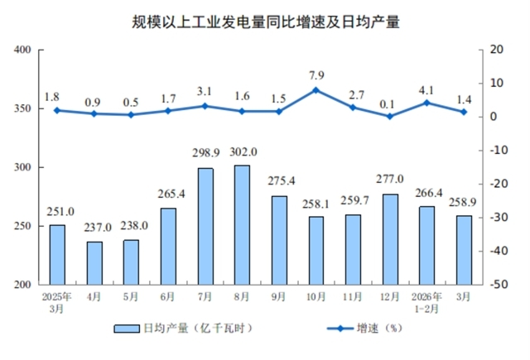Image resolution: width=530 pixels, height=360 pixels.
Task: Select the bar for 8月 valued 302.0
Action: (x=242, y=224)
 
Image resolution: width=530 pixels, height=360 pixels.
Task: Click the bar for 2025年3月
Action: (x=57, y=254)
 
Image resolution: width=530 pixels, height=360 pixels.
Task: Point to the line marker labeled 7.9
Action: (x=316, y=89)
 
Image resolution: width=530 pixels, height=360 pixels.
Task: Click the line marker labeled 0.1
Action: (x=390, y=116)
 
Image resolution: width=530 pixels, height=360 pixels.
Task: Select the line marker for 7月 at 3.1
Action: (x=205, y=106)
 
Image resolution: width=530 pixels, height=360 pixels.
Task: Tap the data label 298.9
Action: (x=205, y=156)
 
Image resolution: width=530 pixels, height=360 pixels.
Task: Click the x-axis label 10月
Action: (x=316, y=296)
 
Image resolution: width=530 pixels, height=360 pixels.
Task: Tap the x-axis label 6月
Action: (x=168, y=296)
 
